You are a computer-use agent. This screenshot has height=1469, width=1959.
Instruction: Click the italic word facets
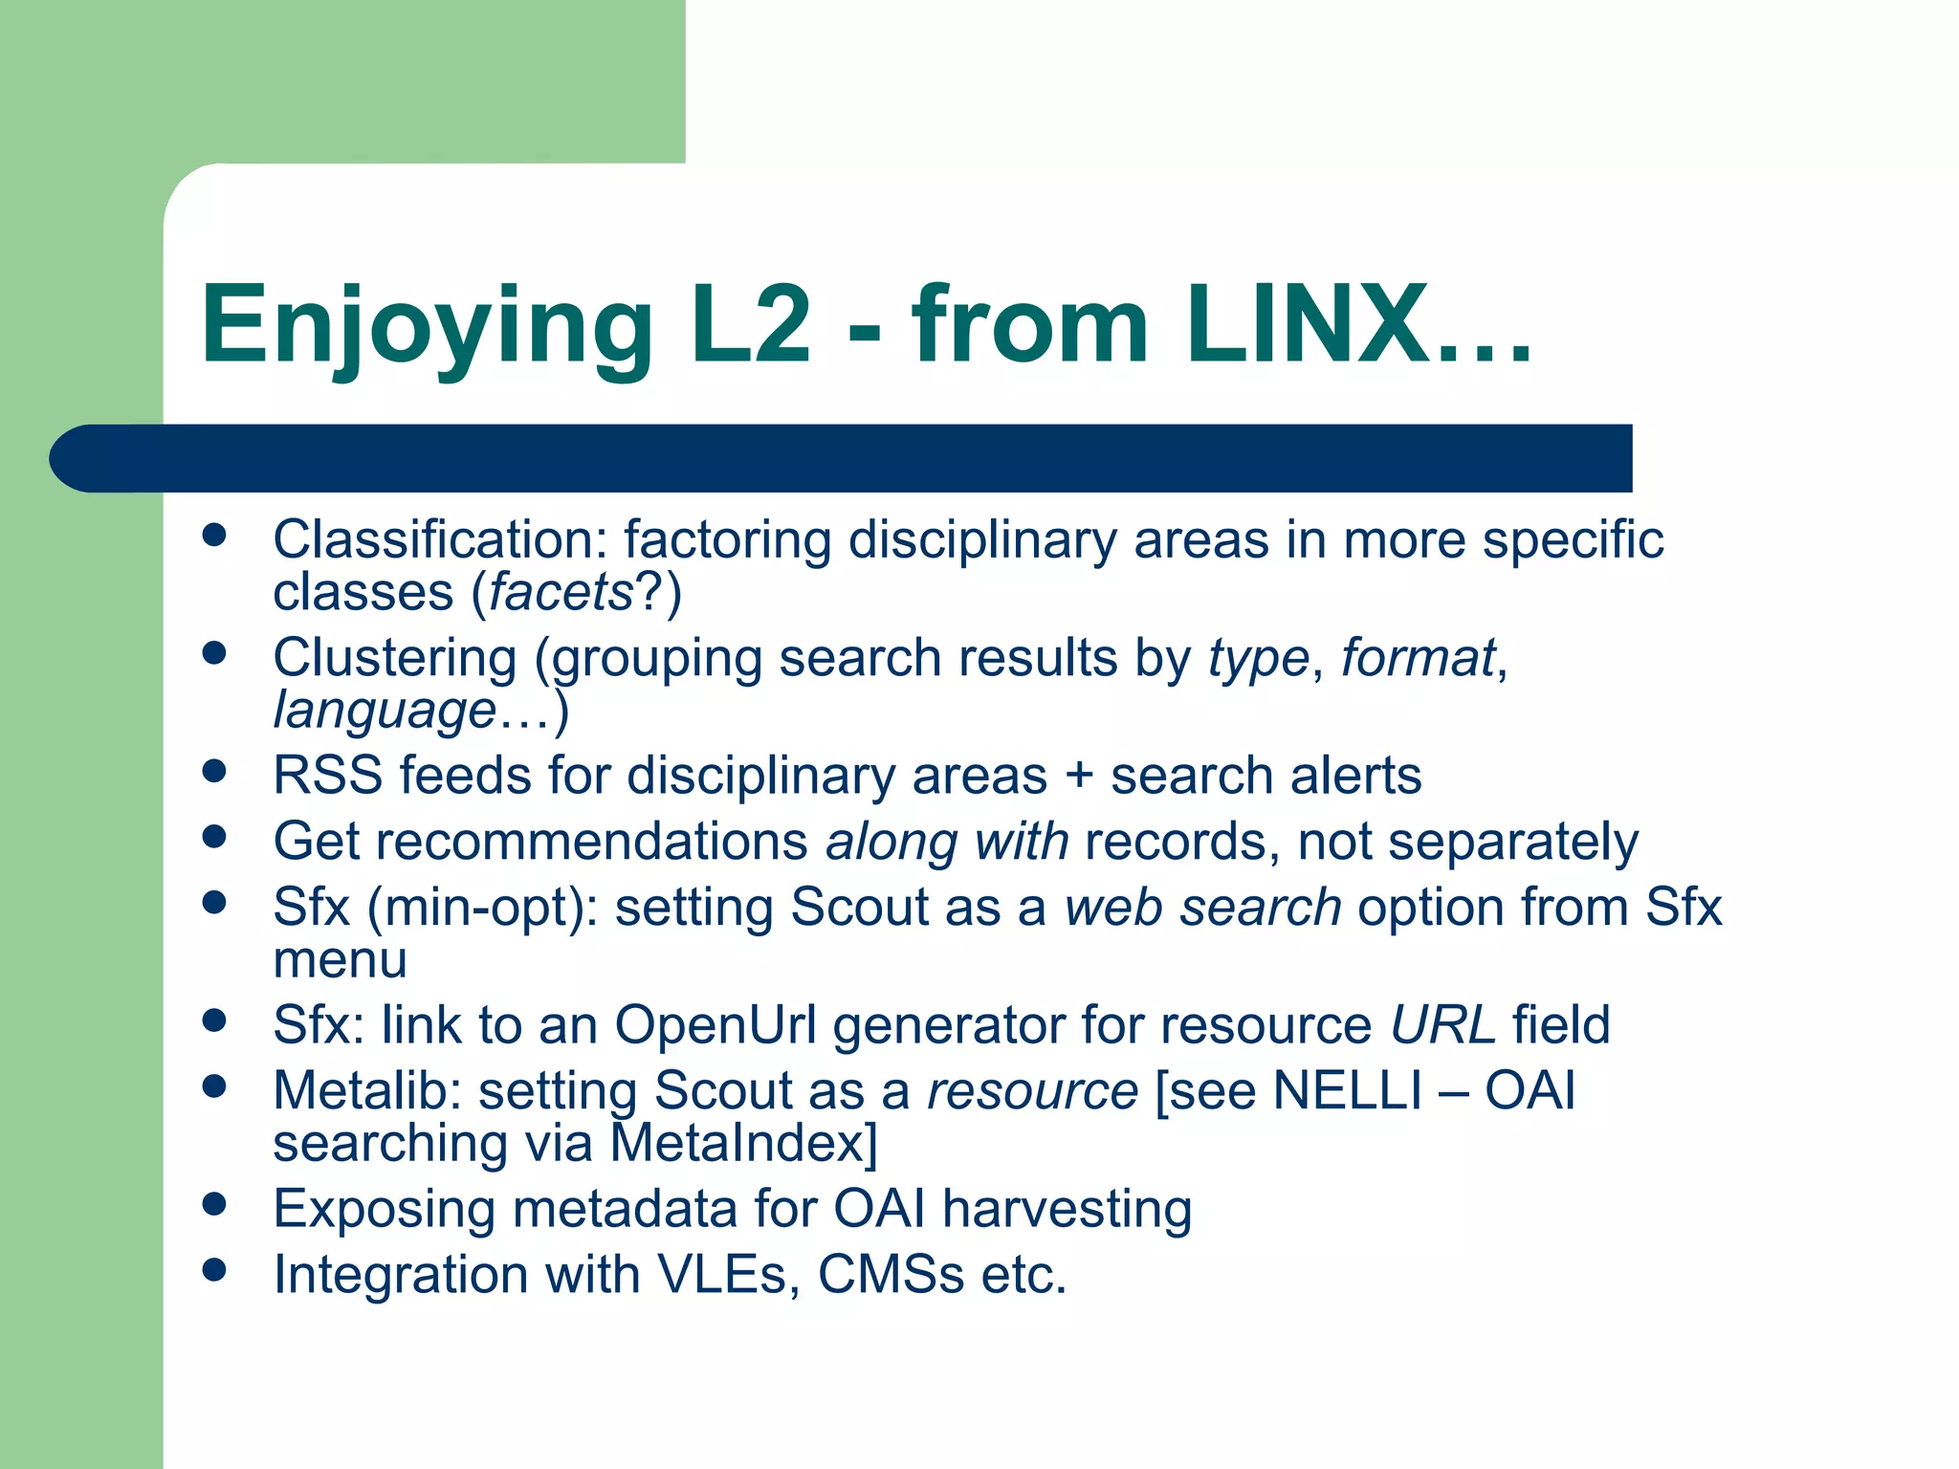[x=561, y=592]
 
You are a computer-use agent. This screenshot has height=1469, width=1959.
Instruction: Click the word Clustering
[x=395, y=658]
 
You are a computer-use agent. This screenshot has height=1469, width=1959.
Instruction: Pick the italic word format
[x=1418, y=658]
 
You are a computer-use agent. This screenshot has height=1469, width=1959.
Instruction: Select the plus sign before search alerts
[x=1079, y=775]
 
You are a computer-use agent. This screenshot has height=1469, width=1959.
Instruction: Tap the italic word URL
[x=1442, y=1025]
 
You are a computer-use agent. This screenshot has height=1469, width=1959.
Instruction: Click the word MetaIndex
[x=743, y=1143]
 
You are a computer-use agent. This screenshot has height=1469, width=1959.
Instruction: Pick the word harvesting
[x=1067, y=1209]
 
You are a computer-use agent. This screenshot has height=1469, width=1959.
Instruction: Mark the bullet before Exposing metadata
[x=214, y=1204]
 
